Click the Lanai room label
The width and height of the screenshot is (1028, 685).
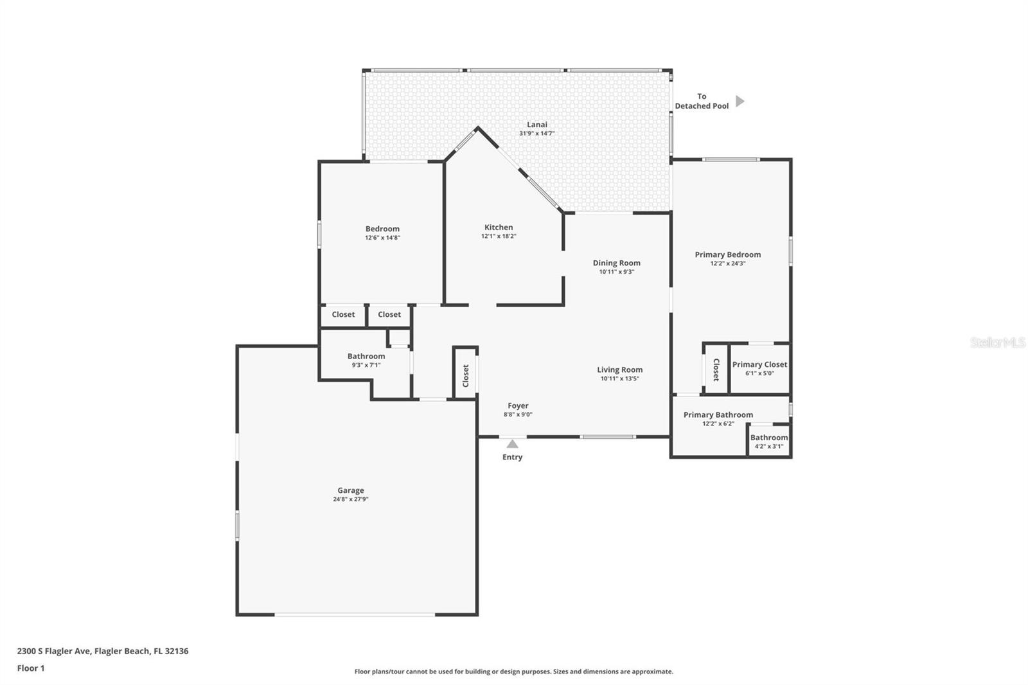click(x=537, y=125)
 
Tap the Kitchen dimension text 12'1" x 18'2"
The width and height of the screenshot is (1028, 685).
click(x=499, y=236)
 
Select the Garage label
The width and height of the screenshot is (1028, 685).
click(x=351, y=490)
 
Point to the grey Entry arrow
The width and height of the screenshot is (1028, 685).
click(x=512, y=444)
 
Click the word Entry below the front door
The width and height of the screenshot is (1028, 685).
click(x=512, y=457)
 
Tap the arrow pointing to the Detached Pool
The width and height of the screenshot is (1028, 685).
click(x=740, y=101)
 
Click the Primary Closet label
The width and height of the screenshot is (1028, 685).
click(x=759, y=364)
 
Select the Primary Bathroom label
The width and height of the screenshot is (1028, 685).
click(x=718, y=414)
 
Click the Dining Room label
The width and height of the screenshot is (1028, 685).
click(x=616, y=263)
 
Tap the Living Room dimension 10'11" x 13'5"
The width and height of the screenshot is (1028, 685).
click(x=620, y=378)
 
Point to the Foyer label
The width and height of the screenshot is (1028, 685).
click(x=518, y=405)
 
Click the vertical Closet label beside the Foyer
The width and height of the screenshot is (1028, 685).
click(x=466, y=375)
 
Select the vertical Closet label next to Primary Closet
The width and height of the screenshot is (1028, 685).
click(x=716, y=369)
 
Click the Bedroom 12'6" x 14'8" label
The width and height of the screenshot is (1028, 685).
click(x=382, y=233)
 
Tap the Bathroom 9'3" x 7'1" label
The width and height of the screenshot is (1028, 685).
click(x=366, y=360)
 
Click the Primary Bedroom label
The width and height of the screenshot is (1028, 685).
click(x=728, y=254)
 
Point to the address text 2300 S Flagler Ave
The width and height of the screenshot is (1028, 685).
click(x=55, y=650)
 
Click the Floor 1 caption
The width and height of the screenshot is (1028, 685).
click(x=31, y=668)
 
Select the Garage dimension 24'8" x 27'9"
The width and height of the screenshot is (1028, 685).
click(x=351, y=499)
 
